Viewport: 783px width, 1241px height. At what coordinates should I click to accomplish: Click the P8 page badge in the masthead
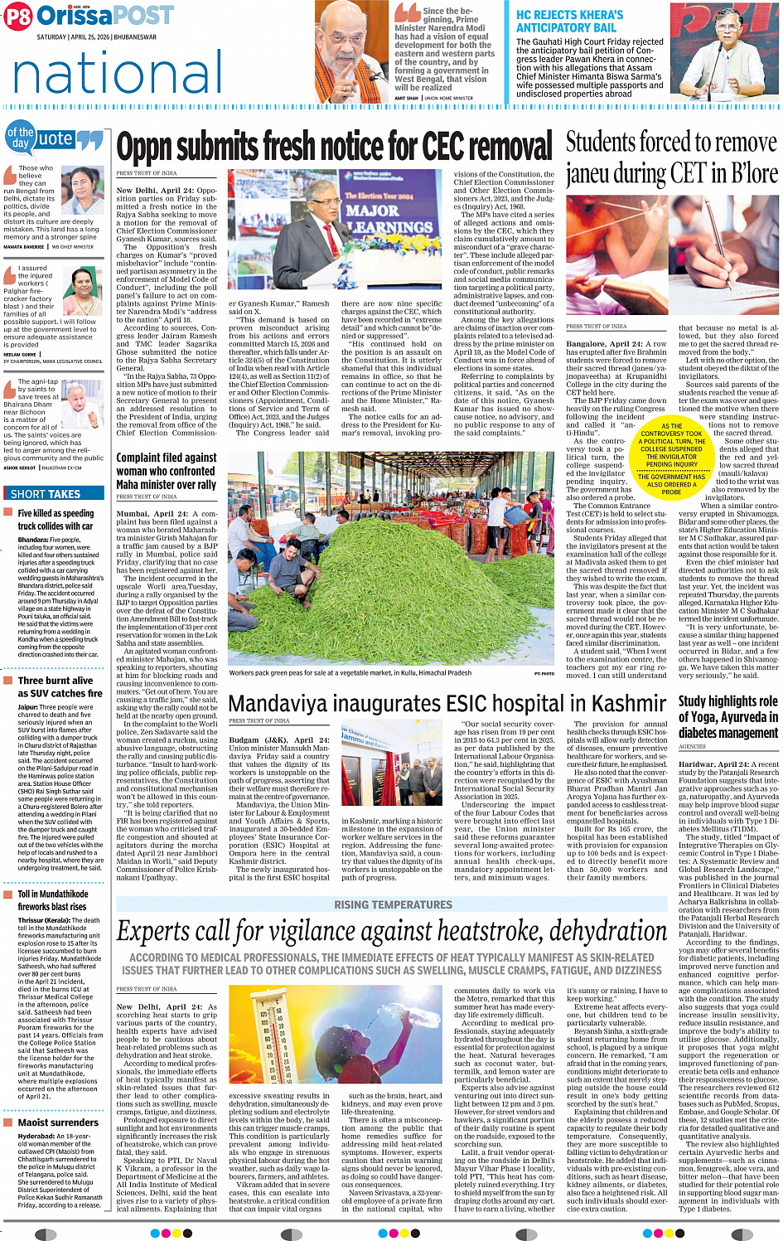click(17, 17)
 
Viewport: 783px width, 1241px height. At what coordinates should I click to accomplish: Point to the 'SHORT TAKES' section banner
click(46, 494)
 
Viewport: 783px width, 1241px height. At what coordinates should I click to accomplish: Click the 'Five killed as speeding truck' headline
click(56, 519)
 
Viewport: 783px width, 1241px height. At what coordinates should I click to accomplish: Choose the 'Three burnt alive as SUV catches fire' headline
click(60, 686)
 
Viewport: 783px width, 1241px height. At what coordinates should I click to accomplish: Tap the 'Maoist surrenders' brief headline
click(58, 1122)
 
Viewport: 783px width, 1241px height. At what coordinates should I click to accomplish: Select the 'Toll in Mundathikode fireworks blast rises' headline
click(54, 900)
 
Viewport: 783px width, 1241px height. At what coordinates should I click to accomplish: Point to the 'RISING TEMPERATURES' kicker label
click(393, 904)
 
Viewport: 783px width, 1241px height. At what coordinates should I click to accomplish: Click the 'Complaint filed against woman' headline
click(166, 471)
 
